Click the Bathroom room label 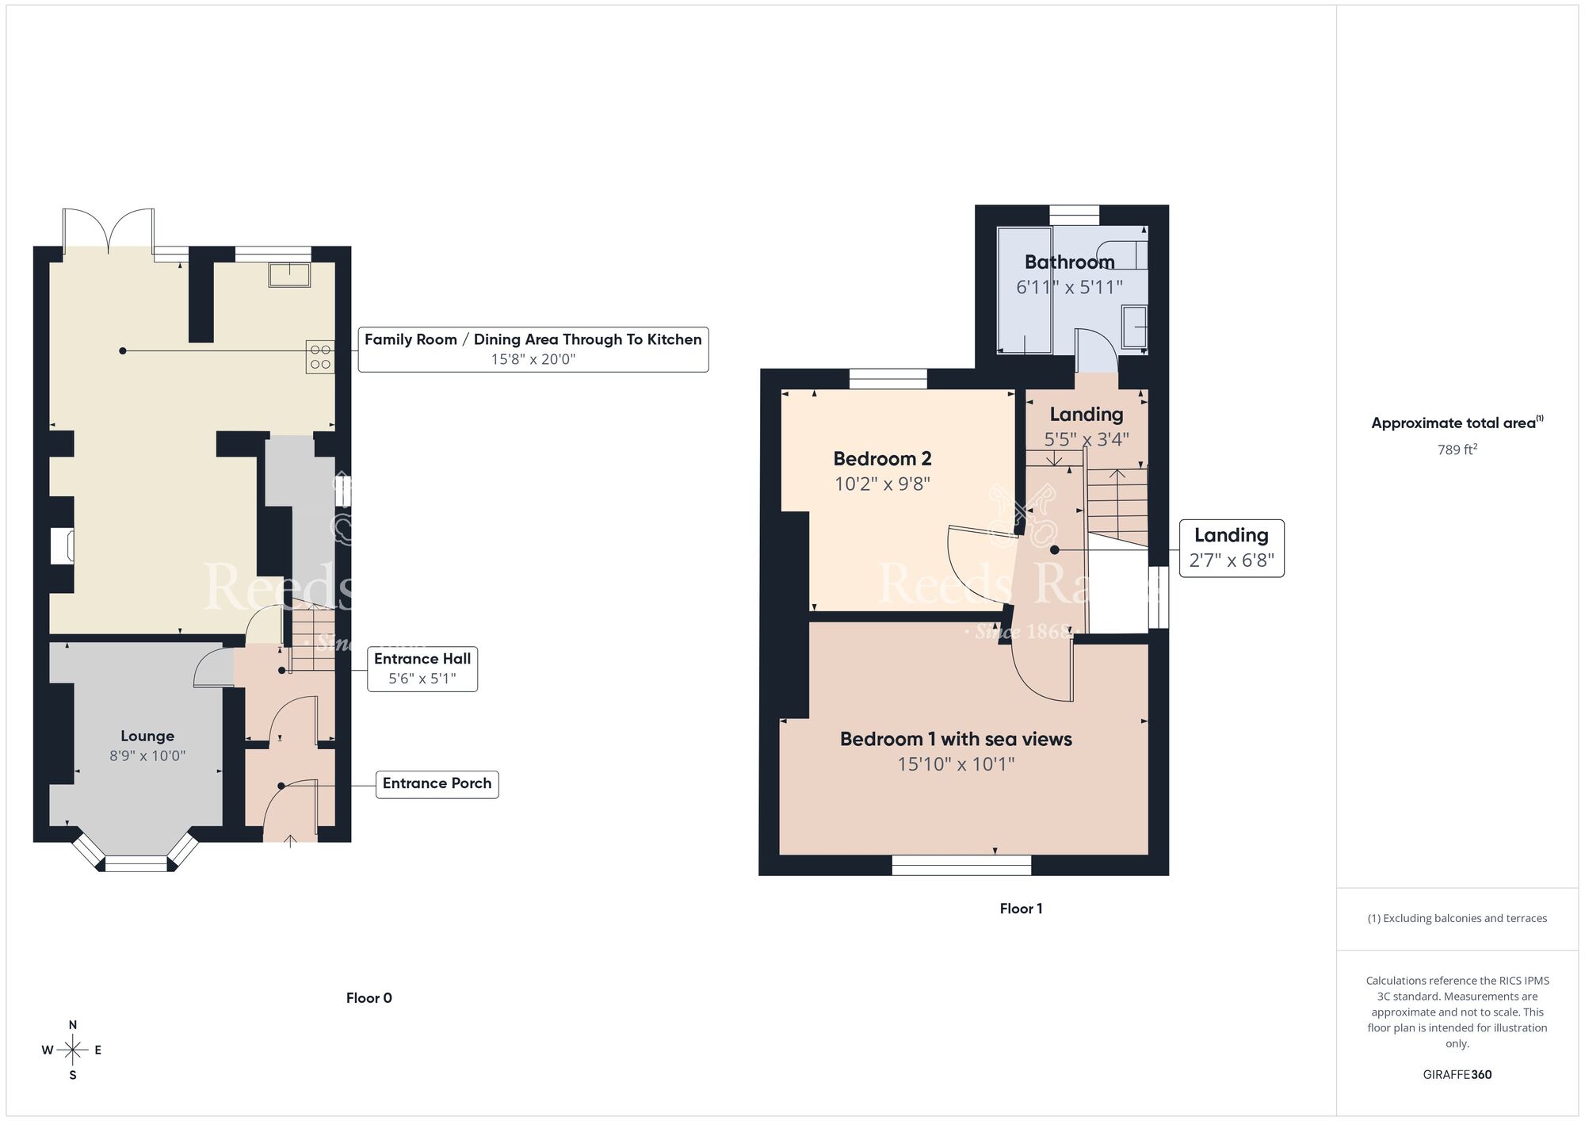pyautogui.click(x=1069, y=262)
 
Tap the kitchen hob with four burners pyautogui.click(x=320, y=357)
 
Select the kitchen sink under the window pyautogui.click(x=289, y=274)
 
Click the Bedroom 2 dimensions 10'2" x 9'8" pyautogui.click(x=882, y=484)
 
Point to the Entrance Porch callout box pyautogui.click(x=437, y=783)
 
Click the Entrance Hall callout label pyautogui.click(x=422, y=659)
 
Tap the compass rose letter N pyautogui.click(x=73, y=1025)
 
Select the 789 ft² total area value pyautogui.click(x=1457, y=450)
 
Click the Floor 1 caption pyautogui.click(x=1021, y=909)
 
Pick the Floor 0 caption pyautogui.click(x=369, y=998)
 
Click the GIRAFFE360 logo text pyautogui.click(x=1457, y=1075)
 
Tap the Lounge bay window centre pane pyautogui.click(x=136, y=864)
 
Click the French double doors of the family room pyautogui.click(x=109, y=230)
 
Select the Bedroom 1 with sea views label pyautogui.click(x=956, y=739)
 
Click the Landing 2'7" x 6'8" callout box pyautogui.click(x=1231, y=548)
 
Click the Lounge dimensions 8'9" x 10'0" pyautogui.click(x=147, y=756)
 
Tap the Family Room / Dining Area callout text pyautogui.click(x=533, y=339)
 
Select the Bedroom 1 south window pyautogui.click(x=961, y=865)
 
